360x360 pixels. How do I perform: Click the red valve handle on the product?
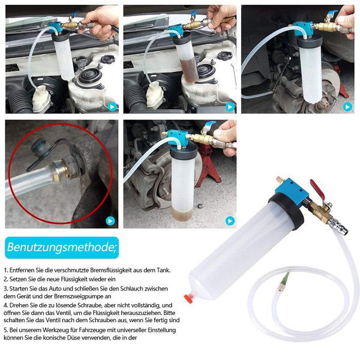point(317,190)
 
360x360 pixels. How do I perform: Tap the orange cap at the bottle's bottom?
point(188,298)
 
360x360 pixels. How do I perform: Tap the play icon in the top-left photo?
point(112,107)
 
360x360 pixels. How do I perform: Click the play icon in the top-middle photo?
point(230,107)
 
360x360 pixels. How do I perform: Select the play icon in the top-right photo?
point(347,107)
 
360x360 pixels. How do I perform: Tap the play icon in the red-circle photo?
point(110,221)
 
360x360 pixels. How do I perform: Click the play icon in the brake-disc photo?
point(230,221)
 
